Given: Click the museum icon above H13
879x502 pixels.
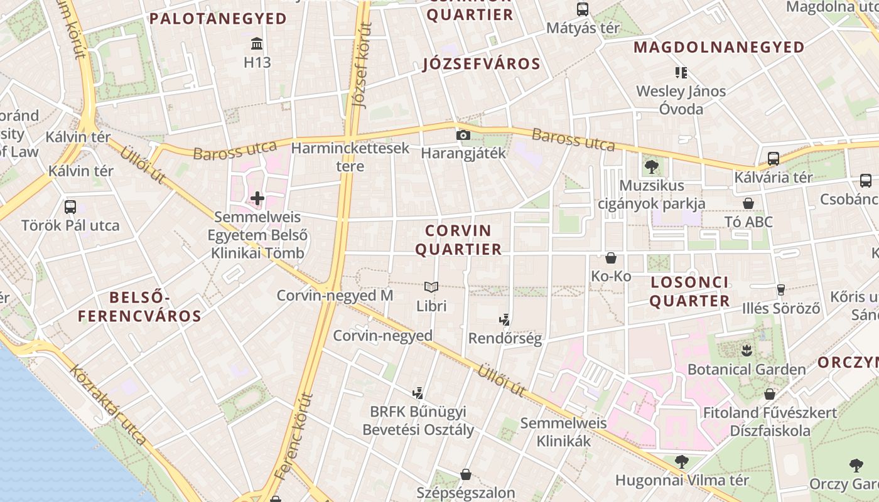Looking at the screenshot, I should tap(257, 44).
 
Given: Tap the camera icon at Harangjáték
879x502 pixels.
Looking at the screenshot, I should tap(463, 135).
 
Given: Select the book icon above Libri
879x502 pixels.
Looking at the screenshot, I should tap(431, 287).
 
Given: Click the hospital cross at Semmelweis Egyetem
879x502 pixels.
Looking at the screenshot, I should tap(257, 199).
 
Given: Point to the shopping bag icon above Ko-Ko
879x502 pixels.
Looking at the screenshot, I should tap(611, 258).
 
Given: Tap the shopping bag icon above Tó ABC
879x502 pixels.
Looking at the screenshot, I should tap(748, 203).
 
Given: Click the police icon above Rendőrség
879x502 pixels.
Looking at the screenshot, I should tap(504, 320).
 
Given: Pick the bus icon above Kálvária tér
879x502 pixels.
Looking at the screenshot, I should tap(774, 158).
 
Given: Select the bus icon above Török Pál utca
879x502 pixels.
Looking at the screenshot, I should tap(70, 206).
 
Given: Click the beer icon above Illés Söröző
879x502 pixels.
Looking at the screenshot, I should tap(781, 289).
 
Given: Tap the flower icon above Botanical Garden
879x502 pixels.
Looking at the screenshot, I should tap(747, 350).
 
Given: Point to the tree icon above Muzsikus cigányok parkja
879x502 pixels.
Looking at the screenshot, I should tap(651, 167).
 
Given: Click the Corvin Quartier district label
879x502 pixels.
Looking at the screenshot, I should tap(458, 240).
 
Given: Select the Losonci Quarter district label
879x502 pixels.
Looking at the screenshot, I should tap(689, 292).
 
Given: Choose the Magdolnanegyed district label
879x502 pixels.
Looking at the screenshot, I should tap(719, 48).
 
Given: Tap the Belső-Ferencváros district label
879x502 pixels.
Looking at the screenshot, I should tap(139, 306).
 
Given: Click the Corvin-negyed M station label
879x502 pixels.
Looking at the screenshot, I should tap(335, 295).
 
